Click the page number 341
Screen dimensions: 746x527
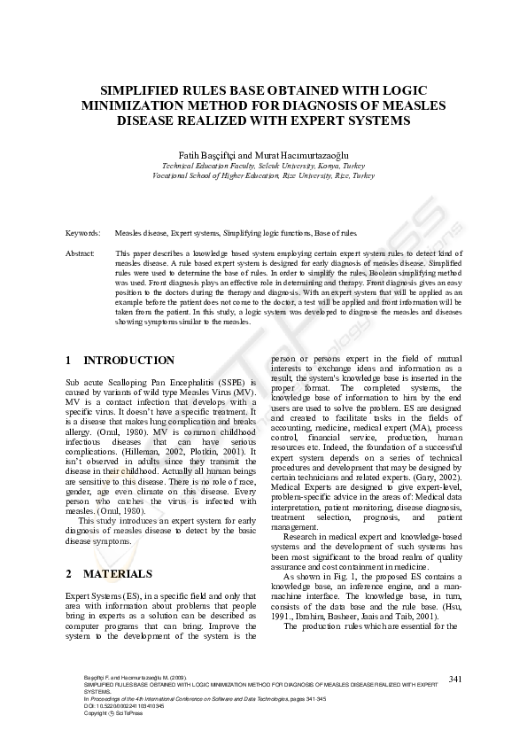pos(456,679)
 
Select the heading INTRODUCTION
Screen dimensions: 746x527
pos(128,361)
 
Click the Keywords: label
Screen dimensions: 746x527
pos(82,232)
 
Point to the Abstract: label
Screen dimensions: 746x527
pos(81,253)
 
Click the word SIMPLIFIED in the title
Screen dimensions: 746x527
pos(151,89)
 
